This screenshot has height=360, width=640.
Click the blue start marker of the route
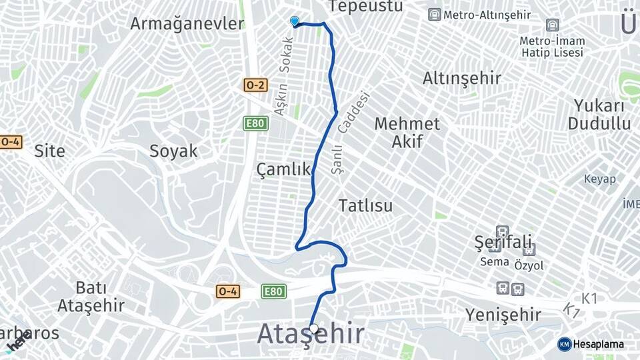[295, 21]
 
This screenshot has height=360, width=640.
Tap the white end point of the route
[313, 328]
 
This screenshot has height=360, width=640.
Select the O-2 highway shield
[255, 85]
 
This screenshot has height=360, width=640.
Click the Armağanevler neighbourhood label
[187, 24]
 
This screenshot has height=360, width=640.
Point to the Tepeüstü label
[367, 7]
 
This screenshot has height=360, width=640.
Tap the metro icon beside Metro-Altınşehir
[435, 15]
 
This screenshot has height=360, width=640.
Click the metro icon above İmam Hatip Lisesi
[552, 25]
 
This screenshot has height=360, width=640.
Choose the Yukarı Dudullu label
[599, 115]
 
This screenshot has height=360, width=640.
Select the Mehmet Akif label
[407, 132]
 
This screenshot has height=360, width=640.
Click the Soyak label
[173, 151]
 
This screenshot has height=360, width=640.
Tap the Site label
[50, 151]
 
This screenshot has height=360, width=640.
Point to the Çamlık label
[283, 170]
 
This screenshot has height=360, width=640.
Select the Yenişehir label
[503, 315]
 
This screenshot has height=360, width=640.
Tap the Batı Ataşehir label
[91, 297]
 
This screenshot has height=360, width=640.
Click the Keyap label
[600, 179]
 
